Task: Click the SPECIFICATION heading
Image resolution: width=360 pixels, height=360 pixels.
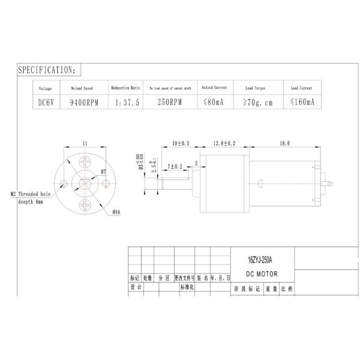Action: coord(47,70)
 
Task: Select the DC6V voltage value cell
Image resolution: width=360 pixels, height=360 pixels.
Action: coord(46,102)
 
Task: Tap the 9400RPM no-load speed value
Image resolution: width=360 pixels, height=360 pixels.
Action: coord(83,102)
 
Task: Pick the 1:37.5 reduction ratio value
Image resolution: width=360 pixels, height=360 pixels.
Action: coord(126,103)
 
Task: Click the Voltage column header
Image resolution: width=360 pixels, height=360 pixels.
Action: coord(46,88)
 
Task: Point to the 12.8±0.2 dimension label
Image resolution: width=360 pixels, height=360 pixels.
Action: coord(224,144)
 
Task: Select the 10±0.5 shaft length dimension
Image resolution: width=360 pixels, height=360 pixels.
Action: coord(180,144)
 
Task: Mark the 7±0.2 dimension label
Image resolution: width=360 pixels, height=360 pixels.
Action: coord(175,165)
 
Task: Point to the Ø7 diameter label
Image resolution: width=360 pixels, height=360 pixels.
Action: coord(103,172)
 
